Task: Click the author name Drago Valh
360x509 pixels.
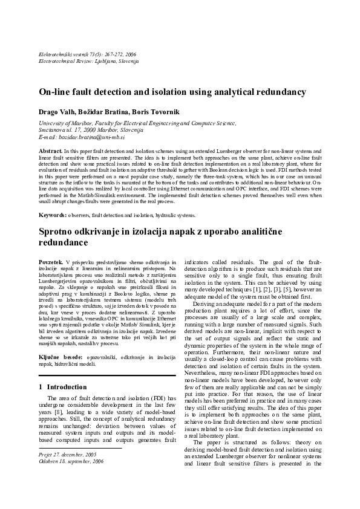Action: coord(56,112)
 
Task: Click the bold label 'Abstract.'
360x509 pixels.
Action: coord(50,149)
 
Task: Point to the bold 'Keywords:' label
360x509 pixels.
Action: coord(53,215)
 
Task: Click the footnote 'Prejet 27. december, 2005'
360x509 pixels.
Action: coord(67,453)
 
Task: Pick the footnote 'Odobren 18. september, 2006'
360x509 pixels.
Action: coord(70,460)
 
